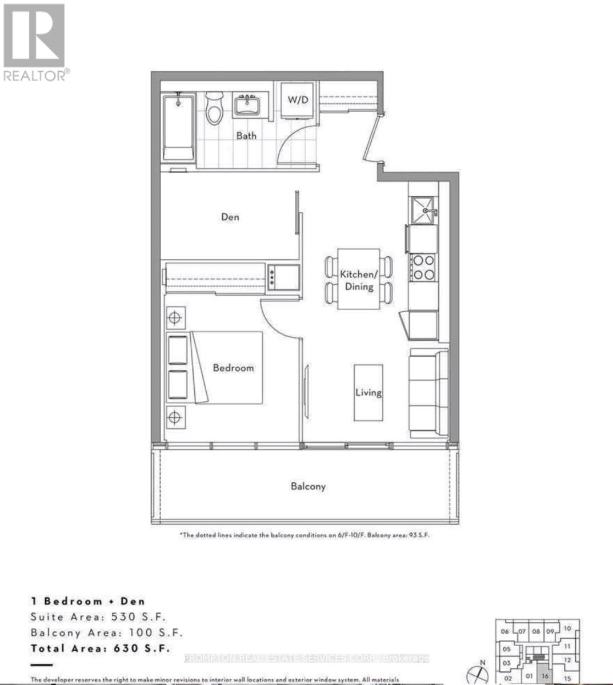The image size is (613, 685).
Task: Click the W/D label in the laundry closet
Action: click(298, 100)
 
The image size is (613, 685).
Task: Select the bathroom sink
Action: click(247, 106)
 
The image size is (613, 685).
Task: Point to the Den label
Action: click(230, 217)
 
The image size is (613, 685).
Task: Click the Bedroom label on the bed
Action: click(233, 368)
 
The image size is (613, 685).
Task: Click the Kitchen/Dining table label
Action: click(358, 280)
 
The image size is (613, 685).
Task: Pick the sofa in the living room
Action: click(428, 394)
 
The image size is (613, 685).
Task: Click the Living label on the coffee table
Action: click(368, 393)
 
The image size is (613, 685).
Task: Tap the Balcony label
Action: click(308, 486)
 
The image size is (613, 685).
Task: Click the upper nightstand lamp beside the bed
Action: click(175, 317)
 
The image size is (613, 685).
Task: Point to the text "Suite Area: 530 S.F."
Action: click(98, 617)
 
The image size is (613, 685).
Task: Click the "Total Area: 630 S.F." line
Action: click(101, 648)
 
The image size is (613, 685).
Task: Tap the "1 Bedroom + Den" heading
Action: click(88, 601)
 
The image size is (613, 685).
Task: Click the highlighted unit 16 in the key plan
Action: click(545, 674)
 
